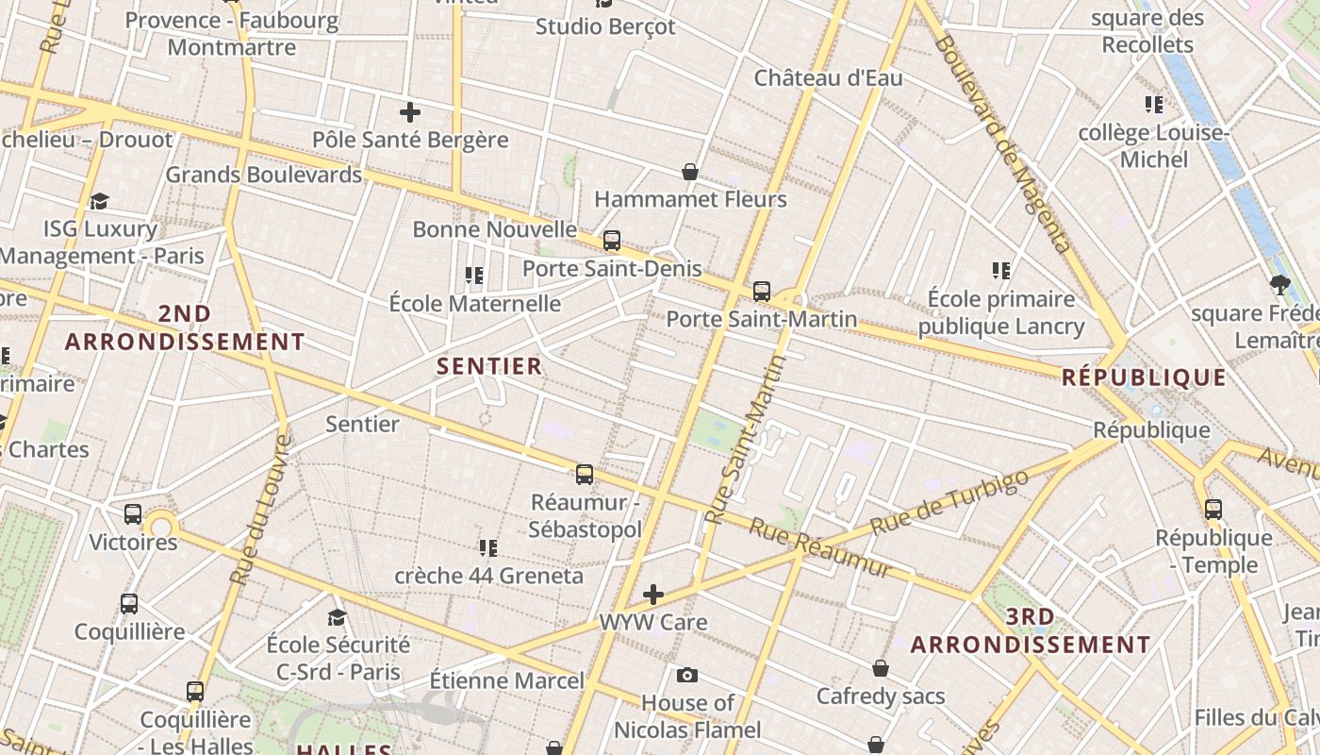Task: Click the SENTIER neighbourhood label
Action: pyautogui.click(x=489, y=366)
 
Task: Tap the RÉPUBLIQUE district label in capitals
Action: pyautogui.click(x=1144, y=377)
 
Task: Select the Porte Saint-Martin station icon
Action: pyautogui.click(x=762, y=292)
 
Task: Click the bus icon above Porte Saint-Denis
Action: pyautogui.click(x=612, y=241)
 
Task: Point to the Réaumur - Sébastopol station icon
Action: pyautogui.click(x=585, y=475)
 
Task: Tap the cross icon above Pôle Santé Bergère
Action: pyautogui.click(x=410, y=113)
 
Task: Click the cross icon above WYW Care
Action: pyautogui.click(x=653, y=595)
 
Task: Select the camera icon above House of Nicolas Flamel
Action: pyautogui.click(x=687, y=675)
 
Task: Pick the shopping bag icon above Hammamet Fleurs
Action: pyautogui.click(x=690, y=172)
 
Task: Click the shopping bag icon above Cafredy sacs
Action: pyautogui.click(x=880, y=668)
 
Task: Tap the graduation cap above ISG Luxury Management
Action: pyautogui.click(x=100, y=201)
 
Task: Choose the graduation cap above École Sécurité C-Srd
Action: pyautogui.click(x=337, y=617)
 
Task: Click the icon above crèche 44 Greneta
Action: pyautogui.click(x=487, y=547)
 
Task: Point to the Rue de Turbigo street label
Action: pyautogui.click(x=949, y=501)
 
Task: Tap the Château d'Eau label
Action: pyautogui.click(x=828, y=78)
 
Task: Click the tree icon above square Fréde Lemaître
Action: pyautogui.click(x=1279, y=284)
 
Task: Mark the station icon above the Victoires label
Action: pyautogui.click(x=133, y=514)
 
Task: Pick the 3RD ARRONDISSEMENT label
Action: pyautogui.click(x=1030, y=630)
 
